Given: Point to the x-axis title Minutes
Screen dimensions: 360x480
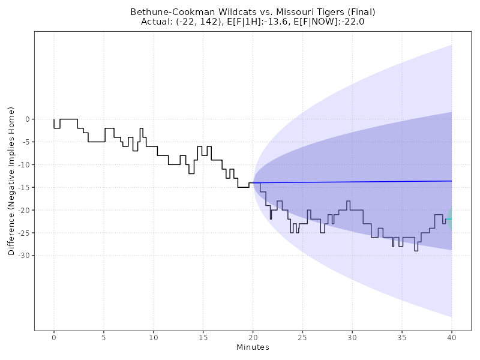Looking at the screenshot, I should (253, 347).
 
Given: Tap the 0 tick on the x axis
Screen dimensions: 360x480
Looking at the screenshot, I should (54, 337).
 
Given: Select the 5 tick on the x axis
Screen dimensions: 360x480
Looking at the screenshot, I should (104, 337).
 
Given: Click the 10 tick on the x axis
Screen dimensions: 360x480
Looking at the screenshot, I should (154, 337).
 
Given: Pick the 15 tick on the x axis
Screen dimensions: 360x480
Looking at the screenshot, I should (203, 337).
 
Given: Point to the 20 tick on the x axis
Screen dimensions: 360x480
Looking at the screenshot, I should (253, 337).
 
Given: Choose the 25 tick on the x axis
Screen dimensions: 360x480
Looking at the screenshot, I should (302, 337).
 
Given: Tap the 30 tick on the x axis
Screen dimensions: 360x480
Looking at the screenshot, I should (352, 337).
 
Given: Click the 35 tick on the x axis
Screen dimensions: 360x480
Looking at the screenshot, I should (402, 337).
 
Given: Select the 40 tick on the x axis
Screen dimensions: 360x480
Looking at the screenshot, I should (451, 337).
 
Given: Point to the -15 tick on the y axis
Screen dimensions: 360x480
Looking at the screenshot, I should (24, 187).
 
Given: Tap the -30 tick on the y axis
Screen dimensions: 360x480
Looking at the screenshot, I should (24, 256).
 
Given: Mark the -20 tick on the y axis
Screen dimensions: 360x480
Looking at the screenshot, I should (24, 210).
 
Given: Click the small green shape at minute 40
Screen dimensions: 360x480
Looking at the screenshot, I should (450, 219).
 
